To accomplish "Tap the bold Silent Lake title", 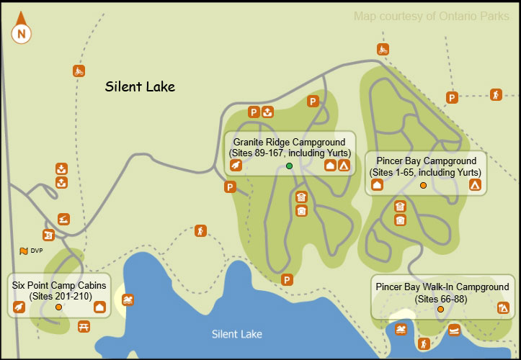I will pyautogui.click(x=140, y=87).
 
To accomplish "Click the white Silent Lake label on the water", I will pyautogui.click(x=237, y=334).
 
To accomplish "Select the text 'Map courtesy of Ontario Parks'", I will pyautogui.click(x=431, y=17).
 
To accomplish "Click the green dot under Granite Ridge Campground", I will pyautogui.click(x=289, y=166).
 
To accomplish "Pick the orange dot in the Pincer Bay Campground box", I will pyautogui.click(x=423, y=185).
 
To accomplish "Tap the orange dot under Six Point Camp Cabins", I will pyautogui.click(x=58, y=307).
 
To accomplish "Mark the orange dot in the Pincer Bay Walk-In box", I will pyautogui.click(x=440, y=310).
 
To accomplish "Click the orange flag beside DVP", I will pyautogui.click(x=24, y=251).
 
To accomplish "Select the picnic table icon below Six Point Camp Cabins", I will pyautogui.click(x=84, y=327).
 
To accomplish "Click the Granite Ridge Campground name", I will pyautogui.click(x=290, y=142).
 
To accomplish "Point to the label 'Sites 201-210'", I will pyautogui.click(x=58, y=297).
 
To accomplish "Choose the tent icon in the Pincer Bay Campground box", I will pyautogui.click(x=475, y=184).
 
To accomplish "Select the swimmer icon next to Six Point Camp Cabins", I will pyautogui.click(x=128, y=300).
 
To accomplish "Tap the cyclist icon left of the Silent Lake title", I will pyautogui.click(x=79, y=71).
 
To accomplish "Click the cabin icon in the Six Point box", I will pyautogui.click(x=99, y=307).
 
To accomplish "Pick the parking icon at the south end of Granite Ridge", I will pyautogui.click(x=287, y=280).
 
